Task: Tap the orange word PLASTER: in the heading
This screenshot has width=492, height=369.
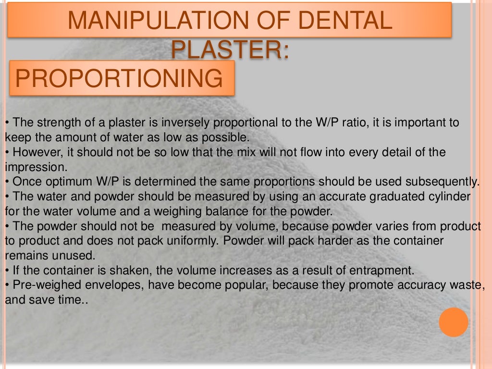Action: tap(231, 50)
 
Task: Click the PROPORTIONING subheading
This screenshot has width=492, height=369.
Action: tap(120, 78)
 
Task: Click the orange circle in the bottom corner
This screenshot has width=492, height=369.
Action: tap(453, 322)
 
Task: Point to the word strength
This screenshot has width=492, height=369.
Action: tap(57, 123)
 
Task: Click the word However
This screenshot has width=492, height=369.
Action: tap(33, 152)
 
